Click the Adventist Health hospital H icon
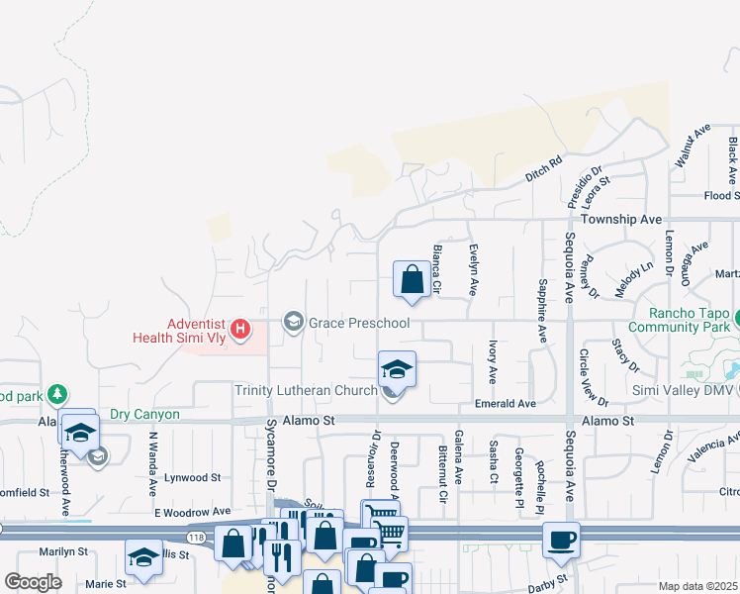238,328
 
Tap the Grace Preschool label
359,323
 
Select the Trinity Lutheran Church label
306,390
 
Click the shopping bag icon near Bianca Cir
412,280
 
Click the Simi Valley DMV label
679,390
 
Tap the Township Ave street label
622,218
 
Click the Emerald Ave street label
505,404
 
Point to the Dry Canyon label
144,415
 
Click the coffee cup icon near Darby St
562,541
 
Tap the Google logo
34,582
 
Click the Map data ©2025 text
698,585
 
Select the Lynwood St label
193,476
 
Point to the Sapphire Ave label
542,311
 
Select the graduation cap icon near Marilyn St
143,559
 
